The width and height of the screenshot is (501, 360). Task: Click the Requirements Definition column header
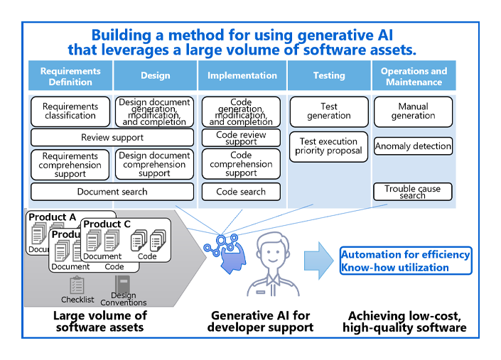point(70,75)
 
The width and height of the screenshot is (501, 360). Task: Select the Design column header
point(155,75)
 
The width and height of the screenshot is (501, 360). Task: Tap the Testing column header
point(329,75)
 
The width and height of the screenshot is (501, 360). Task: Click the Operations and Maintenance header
point(414,75)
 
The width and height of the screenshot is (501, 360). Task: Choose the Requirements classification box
point(70,111)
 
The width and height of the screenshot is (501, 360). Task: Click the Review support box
point(112,138)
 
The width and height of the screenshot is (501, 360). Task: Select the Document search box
point(112,192)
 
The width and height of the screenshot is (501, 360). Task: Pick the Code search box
point(241,192)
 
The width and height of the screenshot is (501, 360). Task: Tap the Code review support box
point(241,138)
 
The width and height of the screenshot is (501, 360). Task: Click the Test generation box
point(329,111)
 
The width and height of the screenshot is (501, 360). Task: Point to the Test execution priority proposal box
point(329,146)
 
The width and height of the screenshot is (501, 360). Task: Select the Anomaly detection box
point(413,146)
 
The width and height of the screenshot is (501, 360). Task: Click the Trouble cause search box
point(413,192)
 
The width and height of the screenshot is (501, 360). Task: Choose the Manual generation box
point(413,111)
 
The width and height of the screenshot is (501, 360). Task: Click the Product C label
point(107,224)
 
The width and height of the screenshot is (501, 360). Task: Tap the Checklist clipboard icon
point(77,285)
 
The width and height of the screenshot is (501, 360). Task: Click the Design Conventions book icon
point(123,284)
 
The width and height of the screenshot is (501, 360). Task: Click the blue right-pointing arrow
point(318,260)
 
